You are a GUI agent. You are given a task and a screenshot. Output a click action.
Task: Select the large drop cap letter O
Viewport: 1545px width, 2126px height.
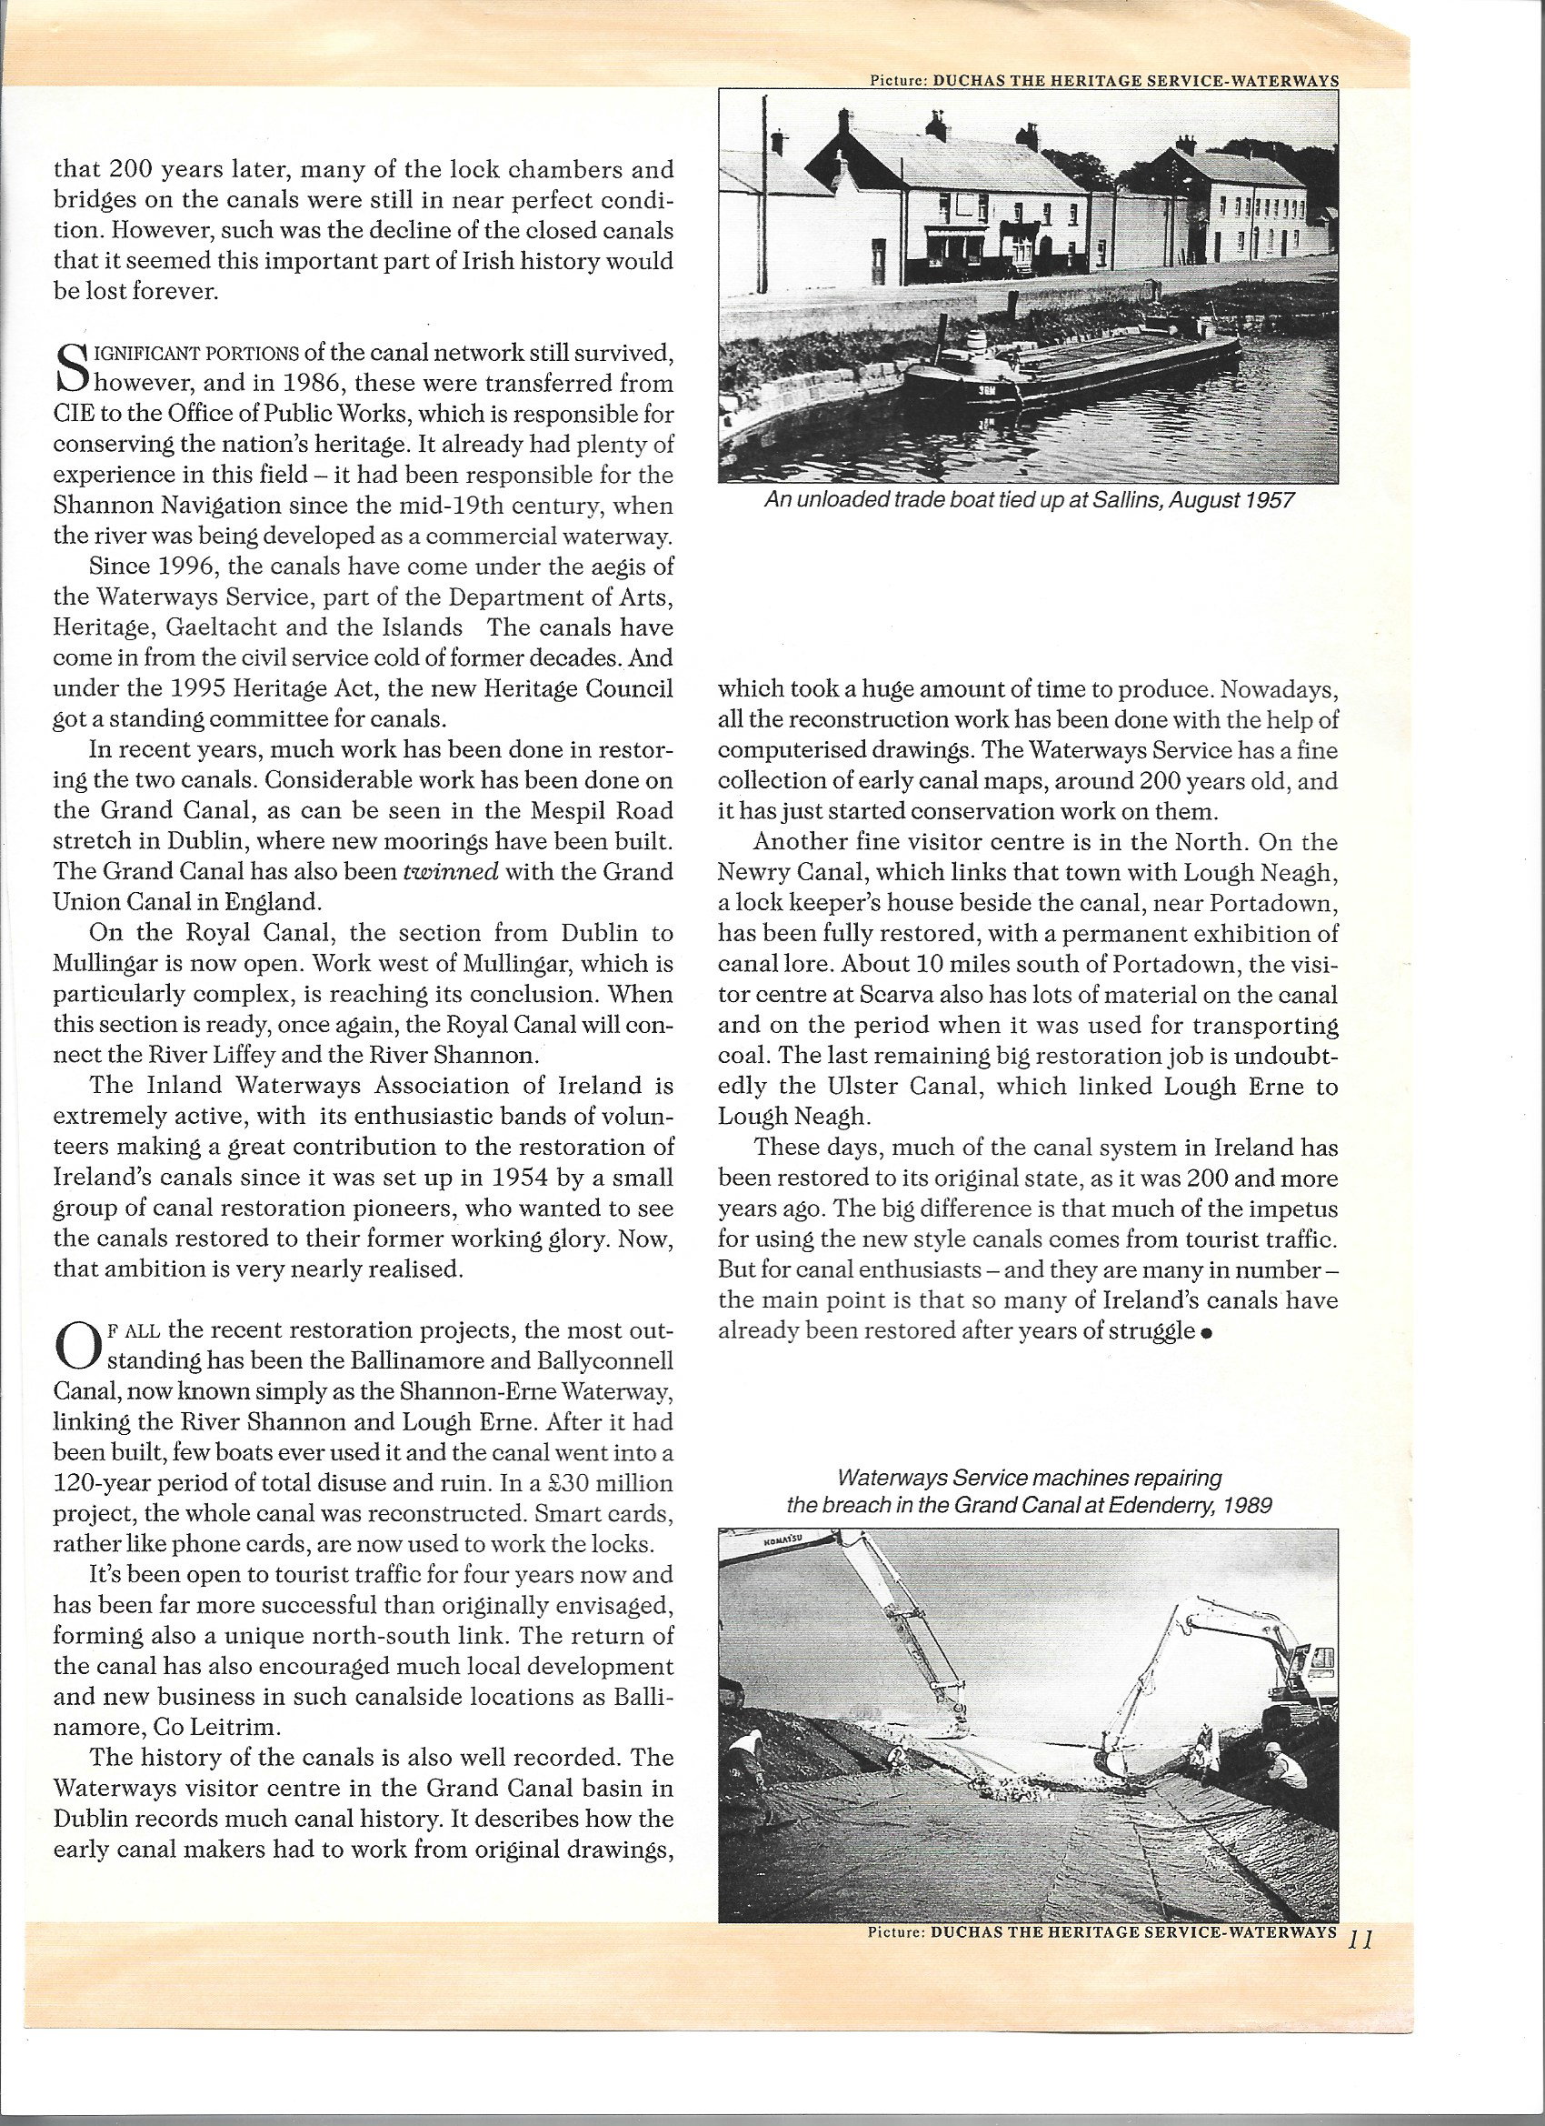point(75,1348)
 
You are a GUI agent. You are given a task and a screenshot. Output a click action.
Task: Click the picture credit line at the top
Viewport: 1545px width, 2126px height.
point(1103,81)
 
